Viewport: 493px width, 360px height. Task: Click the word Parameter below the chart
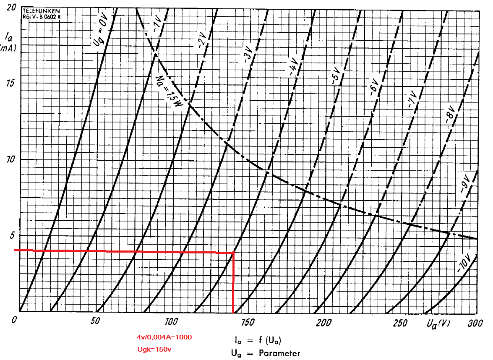point(279,353)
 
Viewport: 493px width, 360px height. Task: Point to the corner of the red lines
point(233,253)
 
